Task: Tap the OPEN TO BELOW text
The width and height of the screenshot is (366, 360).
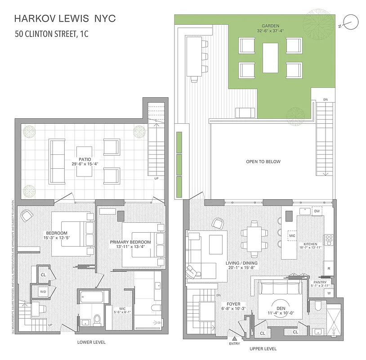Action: (263, 162)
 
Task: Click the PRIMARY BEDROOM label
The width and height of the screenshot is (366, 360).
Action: (129, 242)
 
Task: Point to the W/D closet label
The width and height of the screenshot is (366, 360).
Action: (43, 291)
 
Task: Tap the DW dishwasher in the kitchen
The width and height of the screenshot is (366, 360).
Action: (317, 211)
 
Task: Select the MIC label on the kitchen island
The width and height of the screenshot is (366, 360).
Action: (292, 235)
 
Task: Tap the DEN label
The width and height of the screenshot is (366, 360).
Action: (281, 308)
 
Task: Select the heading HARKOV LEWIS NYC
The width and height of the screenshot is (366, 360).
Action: (65, 18)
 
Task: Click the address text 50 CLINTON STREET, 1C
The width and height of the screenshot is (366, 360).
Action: (51, 34)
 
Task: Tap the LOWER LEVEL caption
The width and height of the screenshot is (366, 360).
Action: (91, 342)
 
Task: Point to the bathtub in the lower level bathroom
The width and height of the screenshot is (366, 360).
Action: (92, 297)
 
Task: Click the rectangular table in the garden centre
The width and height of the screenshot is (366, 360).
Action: (270, 55)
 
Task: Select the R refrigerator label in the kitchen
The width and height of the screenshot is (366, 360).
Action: (329, 269)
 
